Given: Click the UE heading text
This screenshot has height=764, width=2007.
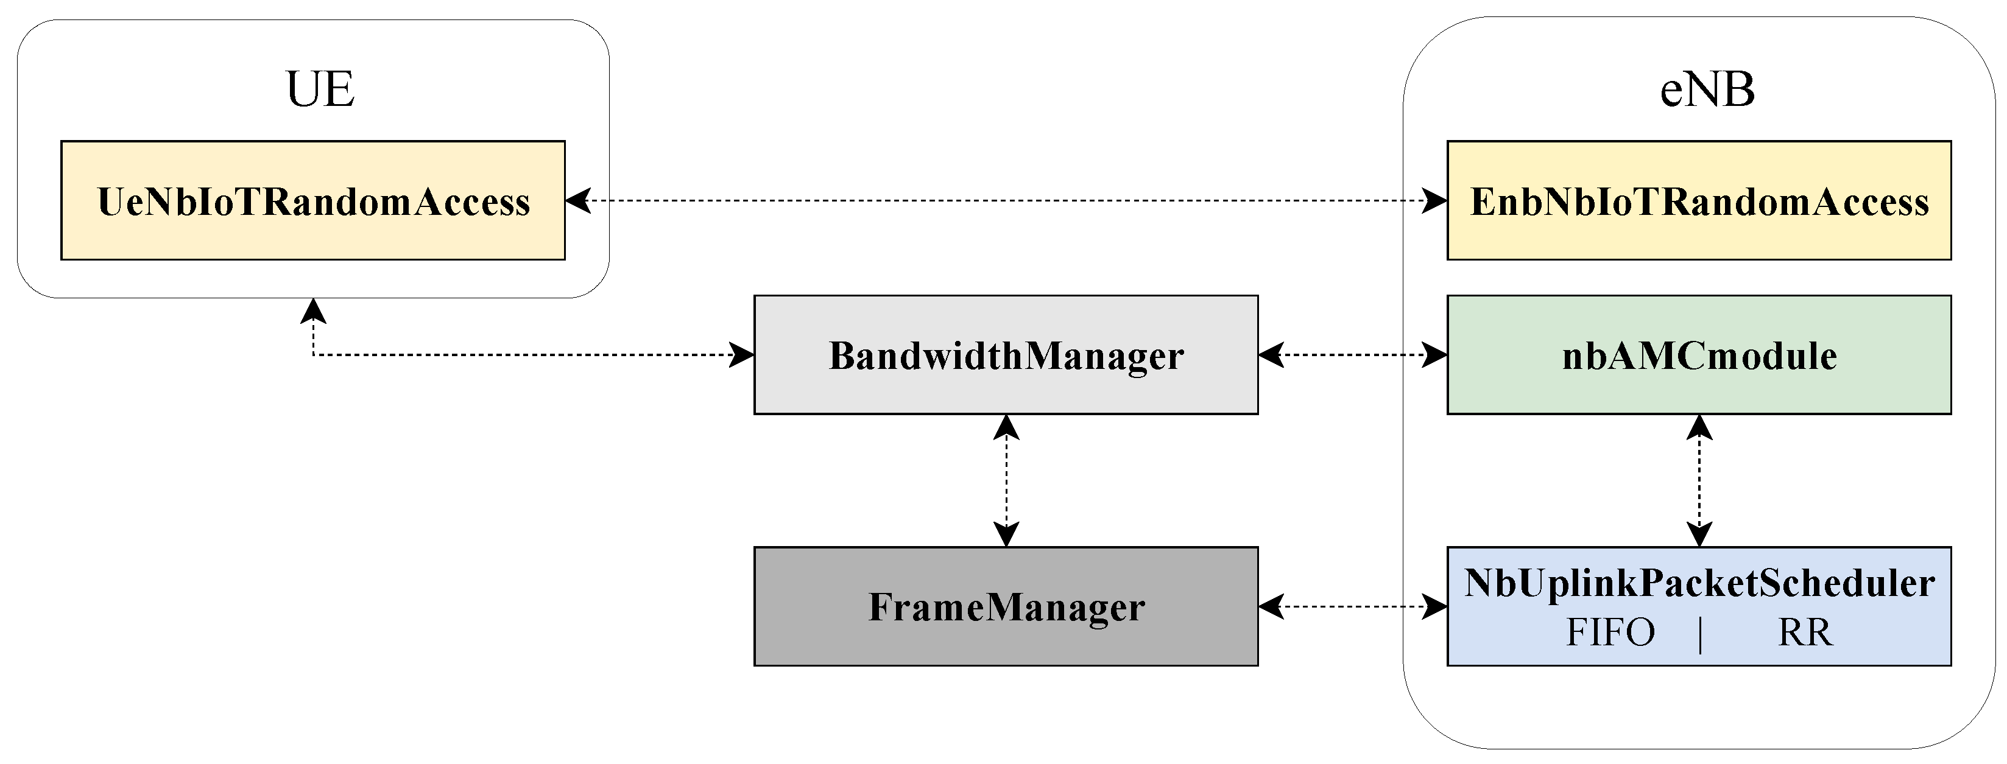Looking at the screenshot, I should (320, 89).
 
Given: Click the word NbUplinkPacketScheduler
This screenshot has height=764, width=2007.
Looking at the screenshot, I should (1698, 583).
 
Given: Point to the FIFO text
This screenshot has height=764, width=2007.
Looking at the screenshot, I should (1610, 633).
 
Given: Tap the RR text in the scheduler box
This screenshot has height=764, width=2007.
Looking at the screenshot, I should (1804, 633).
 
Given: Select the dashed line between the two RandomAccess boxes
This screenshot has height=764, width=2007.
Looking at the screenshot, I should (1005, 200).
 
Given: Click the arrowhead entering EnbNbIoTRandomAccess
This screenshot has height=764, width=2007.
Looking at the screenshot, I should (1435, 200).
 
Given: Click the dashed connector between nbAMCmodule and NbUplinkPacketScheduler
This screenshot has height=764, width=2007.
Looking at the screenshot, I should (1698, 480).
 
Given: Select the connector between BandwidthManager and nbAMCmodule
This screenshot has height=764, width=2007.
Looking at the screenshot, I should (1353, 354).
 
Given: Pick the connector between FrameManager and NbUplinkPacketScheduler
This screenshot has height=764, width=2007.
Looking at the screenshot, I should (1353, 606).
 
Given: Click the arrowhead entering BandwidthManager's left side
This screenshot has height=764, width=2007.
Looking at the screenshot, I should (742, 355).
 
